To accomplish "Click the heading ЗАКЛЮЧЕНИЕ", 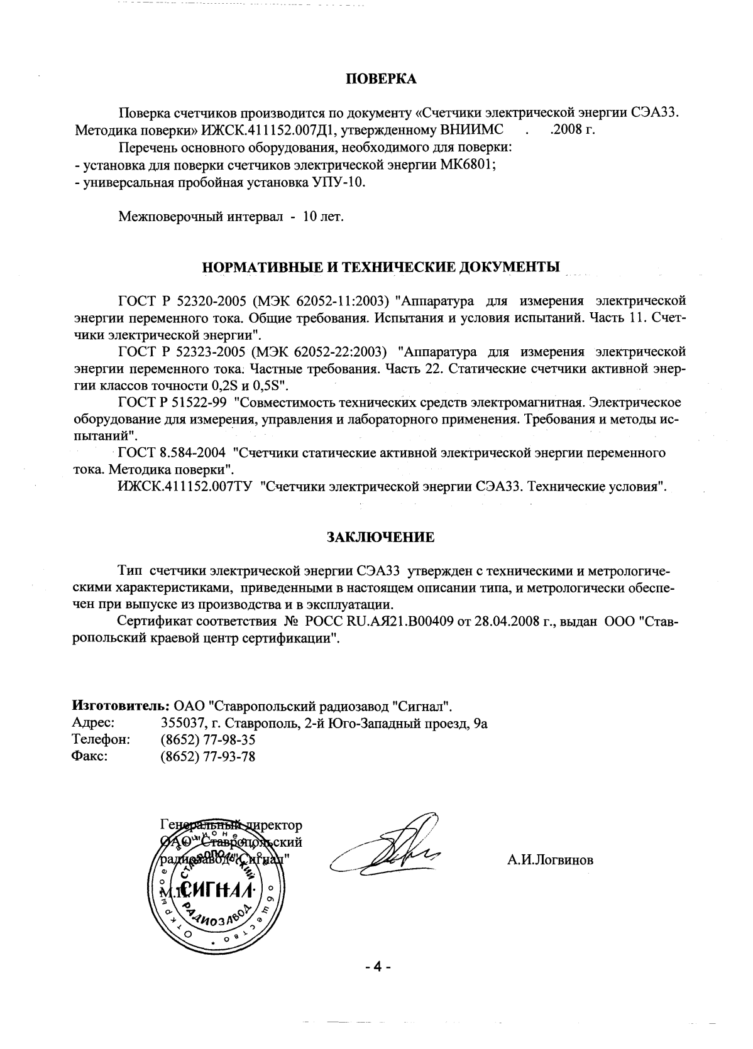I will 380,537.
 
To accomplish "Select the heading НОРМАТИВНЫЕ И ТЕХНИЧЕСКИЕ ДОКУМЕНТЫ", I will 381,266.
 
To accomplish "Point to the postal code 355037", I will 180,723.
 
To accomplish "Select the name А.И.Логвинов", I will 550,861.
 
